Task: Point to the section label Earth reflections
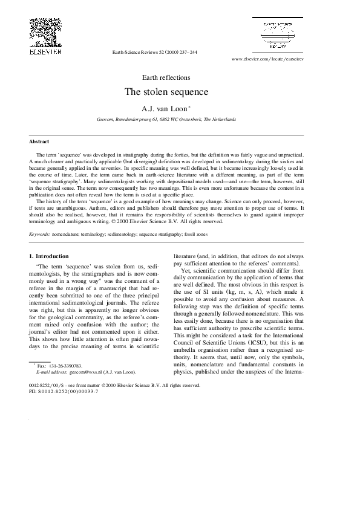point(166,77)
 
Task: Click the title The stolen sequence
point(166,92)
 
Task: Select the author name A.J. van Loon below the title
point(164,109)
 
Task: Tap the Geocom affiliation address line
point(166,120)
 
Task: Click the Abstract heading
point(39,141)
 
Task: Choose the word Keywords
point(39,233)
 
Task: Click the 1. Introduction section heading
point(49,256)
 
